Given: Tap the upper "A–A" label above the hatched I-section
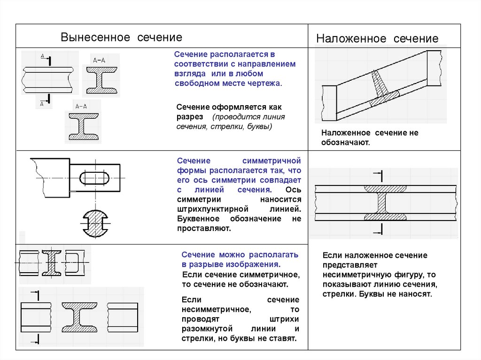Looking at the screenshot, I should [99, 60].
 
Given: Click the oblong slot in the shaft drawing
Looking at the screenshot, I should [96, 178].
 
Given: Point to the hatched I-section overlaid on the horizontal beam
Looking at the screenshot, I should [387, 203].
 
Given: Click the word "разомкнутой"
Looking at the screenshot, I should [204, 329].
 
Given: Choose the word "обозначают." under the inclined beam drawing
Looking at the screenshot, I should [346, 142].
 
